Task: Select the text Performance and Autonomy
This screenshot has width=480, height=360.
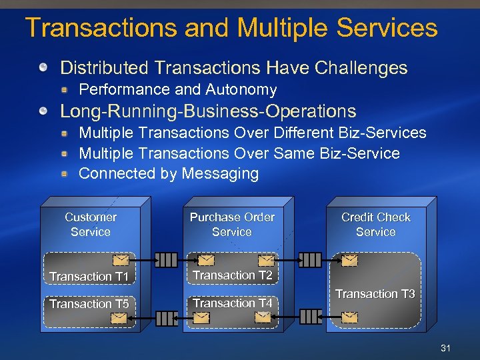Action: (x=178, y=89)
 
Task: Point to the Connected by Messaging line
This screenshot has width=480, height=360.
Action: (x=169, y=173)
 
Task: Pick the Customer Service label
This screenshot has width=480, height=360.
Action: (x=91, y=225)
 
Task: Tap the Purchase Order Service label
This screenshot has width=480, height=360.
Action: (x=232, y=225)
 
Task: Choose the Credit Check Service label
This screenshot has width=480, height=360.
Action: (x=376, y=225)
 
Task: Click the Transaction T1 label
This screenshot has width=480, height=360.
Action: (x=89, y=276)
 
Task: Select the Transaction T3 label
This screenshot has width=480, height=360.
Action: (x=375, y=294)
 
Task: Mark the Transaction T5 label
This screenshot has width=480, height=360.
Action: (x=89, y=304)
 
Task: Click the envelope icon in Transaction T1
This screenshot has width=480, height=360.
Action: (x=120, y=260)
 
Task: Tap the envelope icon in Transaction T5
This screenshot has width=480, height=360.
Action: (x=119, y=319)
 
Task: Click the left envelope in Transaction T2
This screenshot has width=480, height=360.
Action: (x=205, y=260)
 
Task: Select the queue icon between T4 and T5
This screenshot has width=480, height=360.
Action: (x=165, y=318)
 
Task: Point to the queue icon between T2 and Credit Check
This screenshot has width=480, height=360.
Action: (x=309, y=259)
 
